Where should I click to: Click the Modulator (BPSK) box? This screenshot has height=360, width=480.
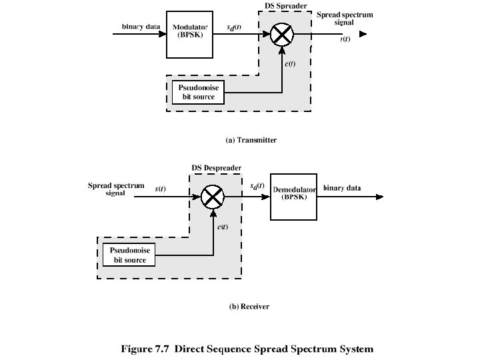click(191, 32)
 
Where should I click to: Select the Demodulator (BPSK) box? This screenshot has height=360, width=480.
click(294, 194)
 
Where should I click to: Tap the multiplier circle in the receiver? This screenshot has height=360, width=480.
click(212, 196)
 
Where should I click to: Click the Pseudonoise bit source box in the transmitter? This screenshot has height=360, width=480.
click(197, 92)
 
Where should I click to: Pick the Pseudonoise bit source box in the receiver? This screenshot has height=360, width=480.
click(128, 255)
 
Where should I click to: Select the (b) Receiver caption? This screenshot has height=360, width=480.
click(249, 307)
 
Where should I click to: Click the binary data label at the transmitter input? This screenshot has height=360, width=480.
click(141, 27)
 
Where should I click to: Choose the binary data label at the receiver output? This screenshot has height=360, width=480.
click(342, 189)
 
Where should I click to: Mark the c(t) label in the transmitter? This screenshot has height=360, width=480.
click(291, 64)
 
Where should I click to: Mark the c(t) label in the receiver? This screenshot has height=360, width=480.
click(223, 227)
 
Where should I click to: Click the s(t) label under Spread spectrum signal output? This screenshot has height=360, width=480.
click(345, 39)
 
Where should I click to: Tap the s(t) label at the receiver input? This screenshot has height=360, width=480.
click(161, 189)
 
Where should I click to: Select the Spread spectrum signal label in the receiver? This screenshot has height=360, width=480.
click(116, 189)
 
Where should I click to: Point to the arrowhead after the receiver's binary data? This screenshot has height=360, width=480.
click(379, 197)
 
